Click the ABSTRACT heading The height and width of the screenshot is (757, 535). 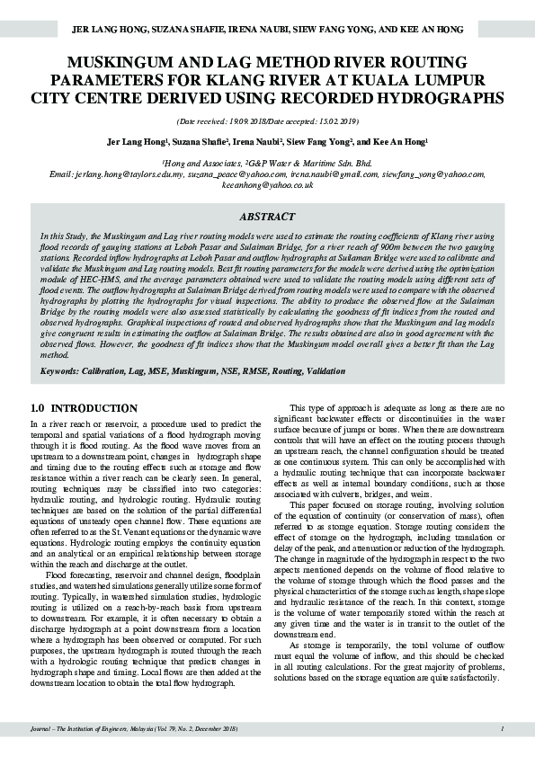[267, 217]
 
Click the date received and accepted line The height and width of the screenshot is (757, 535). [267, 120]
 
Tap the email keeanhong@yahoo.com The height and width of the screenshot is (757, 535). [267, 183]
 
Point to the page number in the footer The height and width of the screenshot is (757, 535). [502, 729]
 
